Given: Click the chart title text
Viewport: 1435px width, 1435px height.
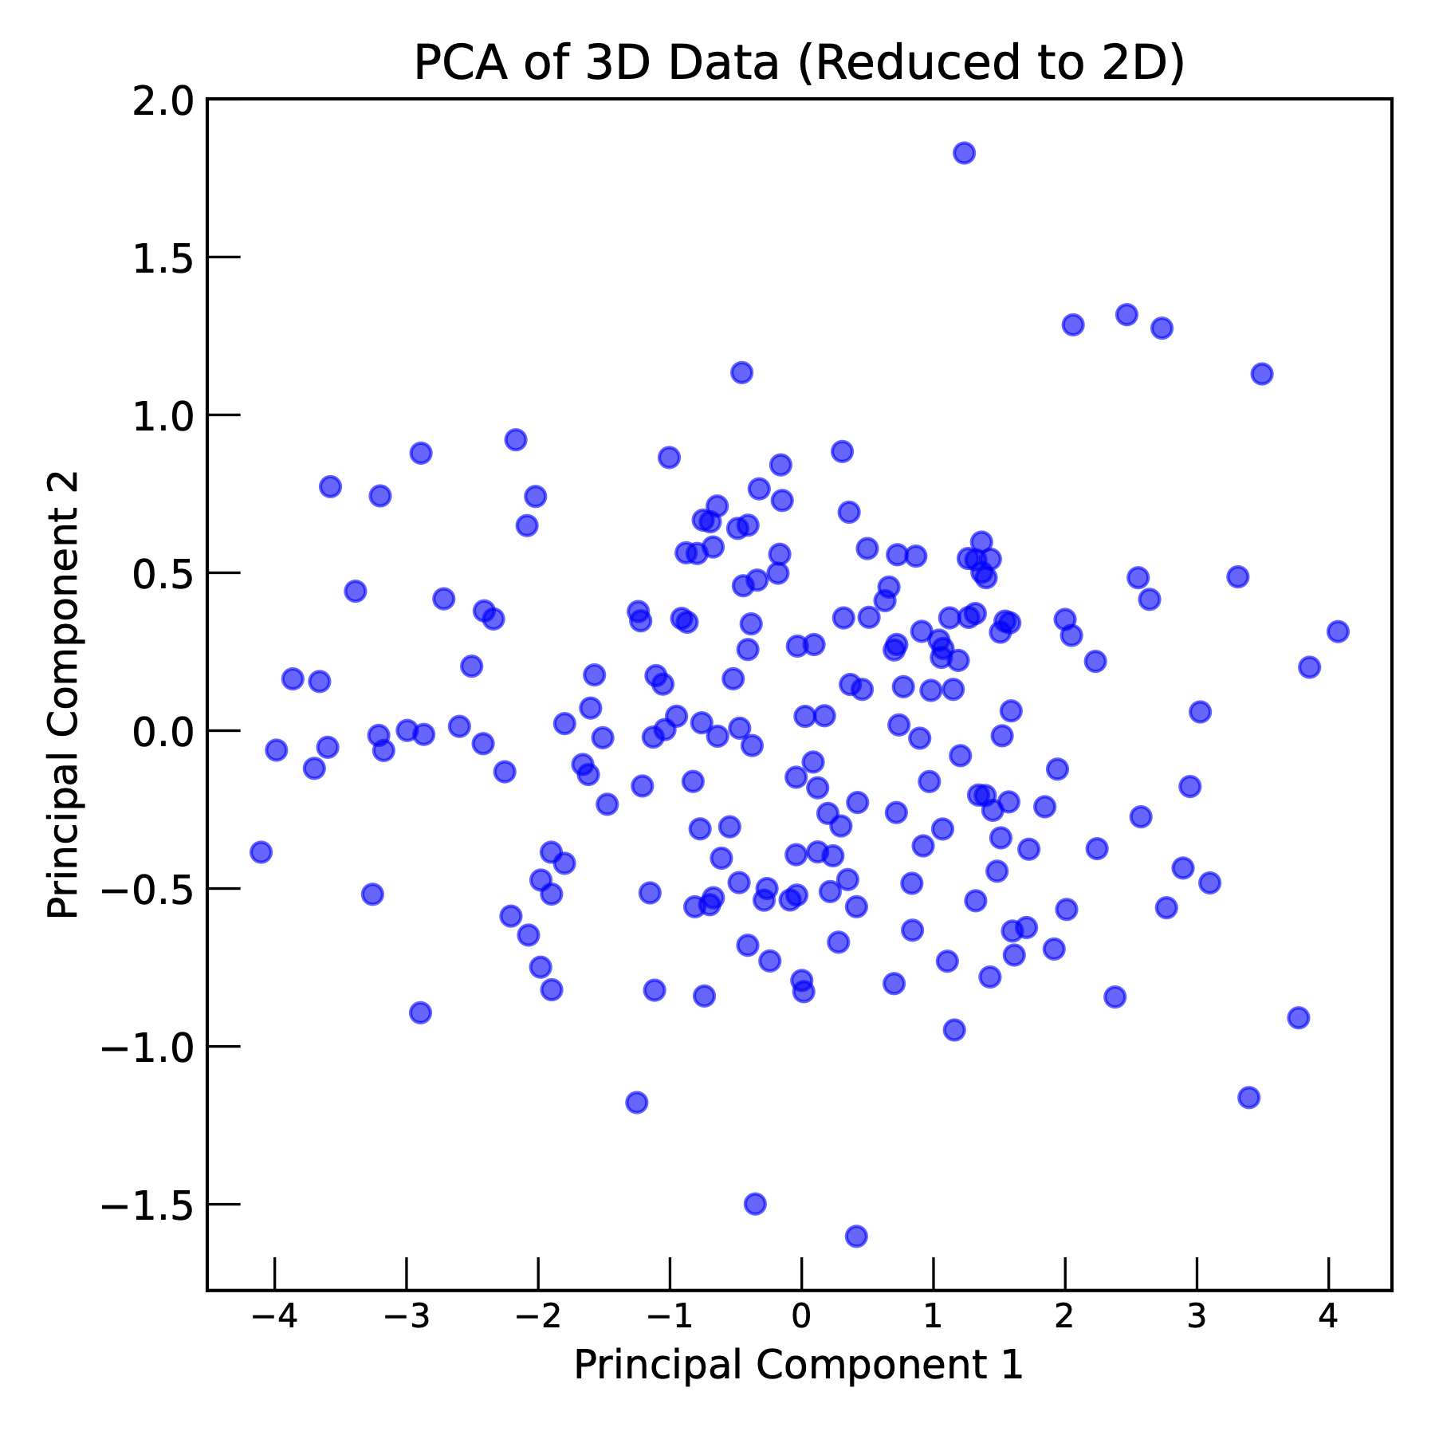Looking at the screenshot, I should pyautogui.click(x=799, y=63).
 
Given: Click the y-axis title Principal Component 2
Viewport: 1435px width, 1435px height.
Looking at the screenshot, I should pyautogui.click(x=63, y=694).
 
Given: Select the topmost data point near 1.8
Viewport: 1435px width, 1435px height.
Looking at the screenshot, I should pyautogui.click(x=964, y=153).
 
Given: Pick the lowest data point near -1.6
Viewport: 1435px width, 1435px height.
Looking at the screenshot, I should pyautogui.click(x=856, y=1236).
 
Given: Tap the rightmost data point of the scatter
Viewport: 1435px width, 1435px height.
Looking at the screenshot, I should pyautogui.click(x=1338, y=631).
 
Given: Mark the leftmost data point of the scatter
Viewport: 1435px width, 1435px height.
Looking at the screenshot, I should pyautogui.click(x=261, y=851).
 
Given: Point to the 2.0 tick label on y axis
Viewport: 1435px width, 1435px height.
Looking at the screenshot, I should pyautogui.click(x=163, y=101).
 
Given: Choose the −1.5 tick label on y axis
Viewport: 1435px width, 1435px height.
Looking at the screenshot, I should pyautogui.click(x=147, y=1205).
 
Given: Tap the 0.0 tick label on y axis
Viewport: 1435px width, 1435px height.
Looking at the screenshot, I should pyautogui.click(x=163, y=732).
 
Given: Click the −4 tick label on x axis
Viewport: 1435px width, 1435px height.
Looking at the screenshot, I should pyautogui.click(x=274, y=1316).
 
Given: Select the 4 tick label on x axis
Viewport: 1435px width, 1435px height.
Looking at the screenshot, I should pyautogui.click(x=1328, y=1316).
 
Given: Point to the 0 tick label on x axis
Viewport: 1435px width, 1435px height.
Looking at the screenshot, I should pyautogui.click(x=801, y=1316).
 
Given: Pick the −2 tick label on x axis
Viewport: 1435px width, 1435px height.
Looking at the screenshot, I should pyautogui.click(x=537, y=1316).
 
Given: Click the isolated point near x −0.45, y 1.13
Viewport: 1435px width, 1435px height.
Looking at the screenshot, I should pyautogui.click(x=741, y=372).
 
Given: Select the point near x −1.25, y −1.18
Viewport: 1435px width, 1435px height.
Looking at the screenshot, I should pyautogui.click(x=636, y=1103).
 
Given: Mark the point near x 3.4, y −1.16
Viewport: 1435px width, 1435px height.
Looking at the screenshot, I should pyautogui.click(x=1248, y=1097).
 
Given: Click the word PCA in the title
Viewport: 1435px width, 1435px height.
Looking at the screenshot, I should pyautogui.click(x=460, y=63).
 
